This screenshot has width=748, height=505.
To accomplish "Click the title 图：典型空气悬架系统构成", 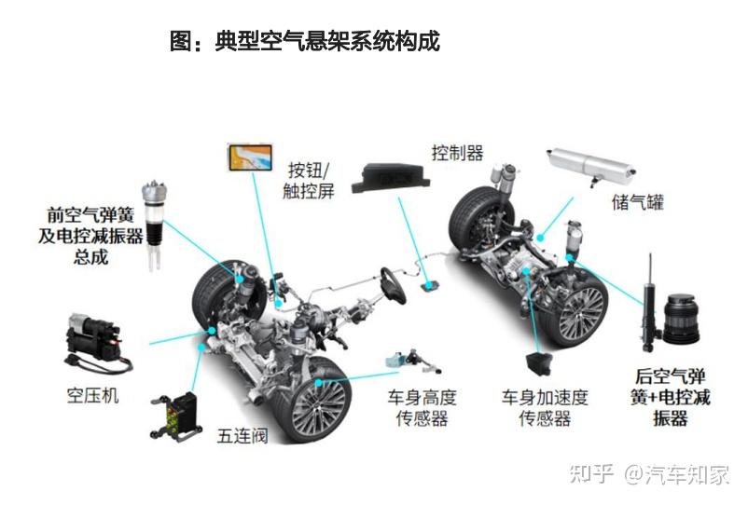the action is tap(304, 41).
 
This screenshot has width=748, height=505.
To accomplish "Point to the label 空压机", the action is tap(97, 396).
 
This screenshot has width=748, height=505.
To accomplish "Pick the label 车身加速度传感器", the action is tap(545, 408).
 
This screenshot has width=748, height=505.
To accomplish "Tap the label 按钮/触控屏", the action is tap(309, 180).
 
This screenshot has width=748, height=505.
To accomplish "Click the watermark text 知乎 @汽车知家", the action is tap(649, 474).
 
